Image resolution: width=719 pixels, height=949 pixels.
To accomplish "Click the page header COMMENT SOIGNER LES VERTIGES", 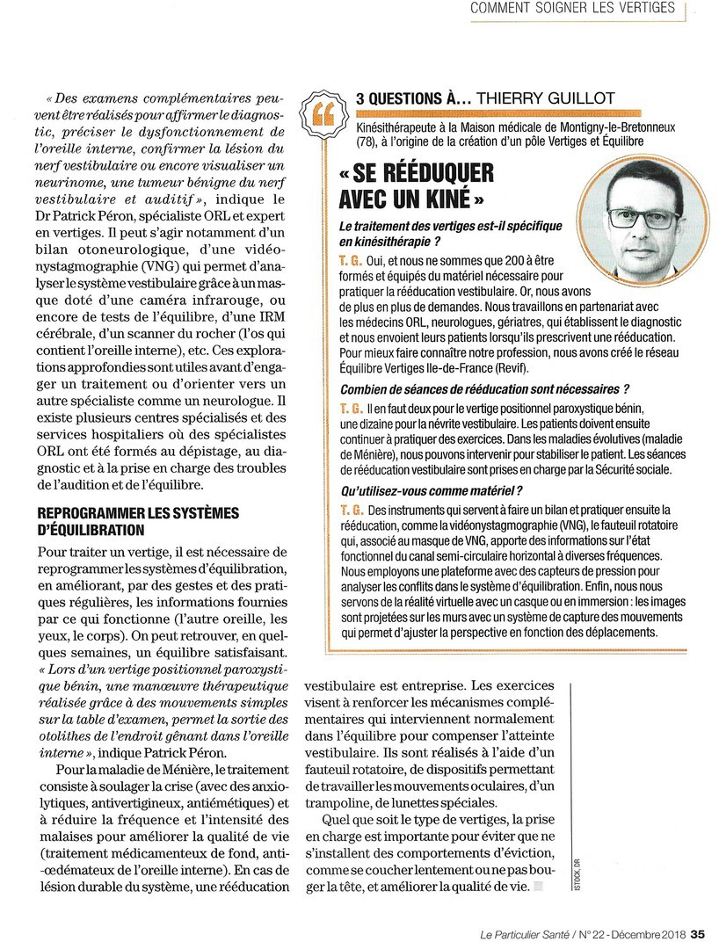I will (572, 10).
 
